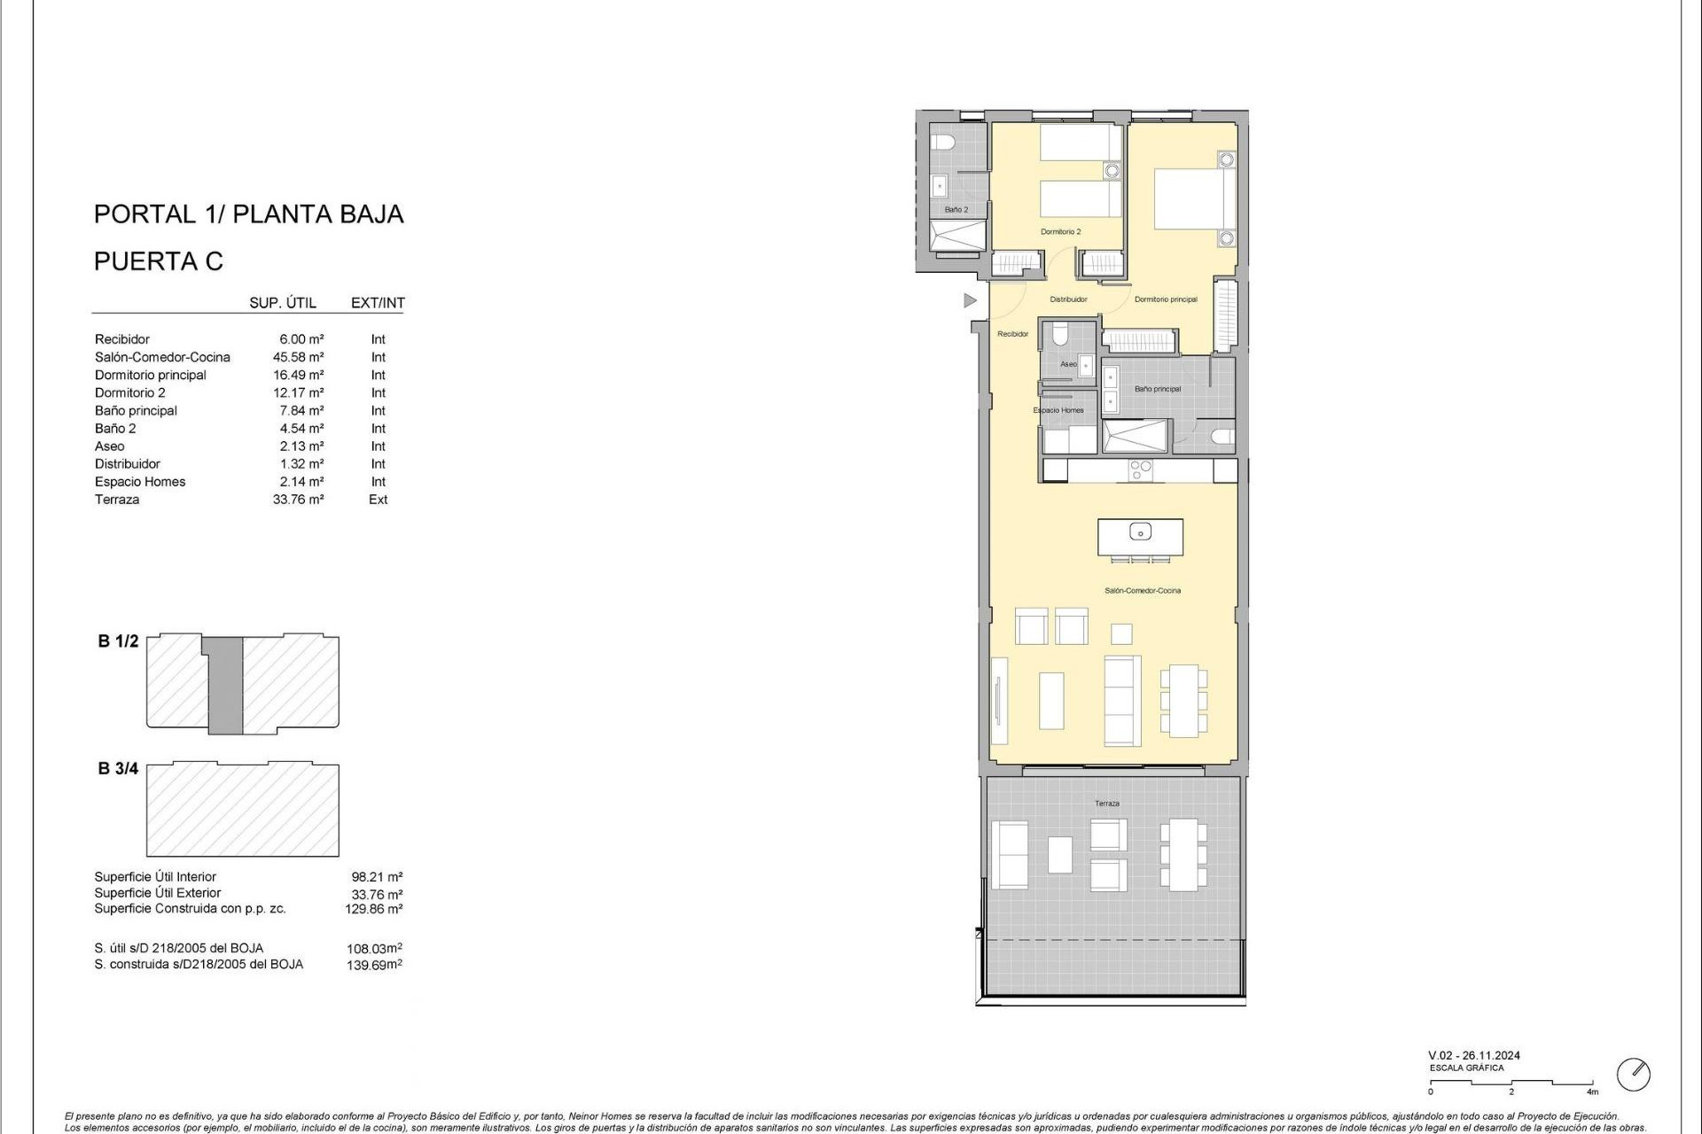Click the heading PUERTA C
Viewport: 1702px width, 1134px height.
(159, 261)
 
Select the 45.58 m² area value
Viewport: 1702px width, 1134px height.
(298, 357)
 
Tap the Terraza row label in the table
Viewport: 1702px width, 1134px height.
(117, 500)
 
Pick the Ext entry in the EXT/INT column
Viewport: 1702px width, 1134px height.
(379, 500)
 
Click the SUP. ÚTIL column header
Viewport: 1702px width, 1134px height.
(283, 303)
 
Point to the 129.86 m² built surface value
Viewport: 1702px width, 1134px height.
(373, 909)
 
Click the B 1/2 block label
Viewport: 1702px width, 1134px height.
(118, 641)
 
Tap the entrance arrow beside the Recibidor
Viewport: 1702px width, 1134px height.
(970, 301)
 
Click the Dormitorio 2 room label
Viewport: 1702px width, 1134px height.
(1060, 232)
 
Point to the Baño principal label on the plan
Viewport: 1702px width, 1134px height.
(1157, 389)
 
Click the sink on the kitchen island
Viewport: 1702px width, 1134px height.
(1140, 532)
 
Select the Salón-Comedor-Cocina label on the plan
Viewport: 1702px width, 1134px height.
(1142, 591)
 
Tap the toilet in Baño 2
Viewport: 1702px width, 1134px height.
(941, 142)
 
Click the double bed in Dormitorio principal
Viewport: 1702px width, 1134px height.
(1193, 199)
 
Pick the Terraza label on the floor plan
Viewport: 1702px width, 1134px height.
(1106, 804)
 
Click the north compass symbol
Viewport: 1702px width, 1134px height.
(1633, 1075)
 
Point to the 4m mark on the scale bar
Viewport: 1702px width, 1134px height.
(1593, 1091)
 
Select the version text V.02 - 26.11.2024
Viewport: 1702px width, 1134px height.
(1473, 1055)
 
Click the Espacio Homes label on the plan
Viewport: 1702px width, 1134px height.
(1058, 410)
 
